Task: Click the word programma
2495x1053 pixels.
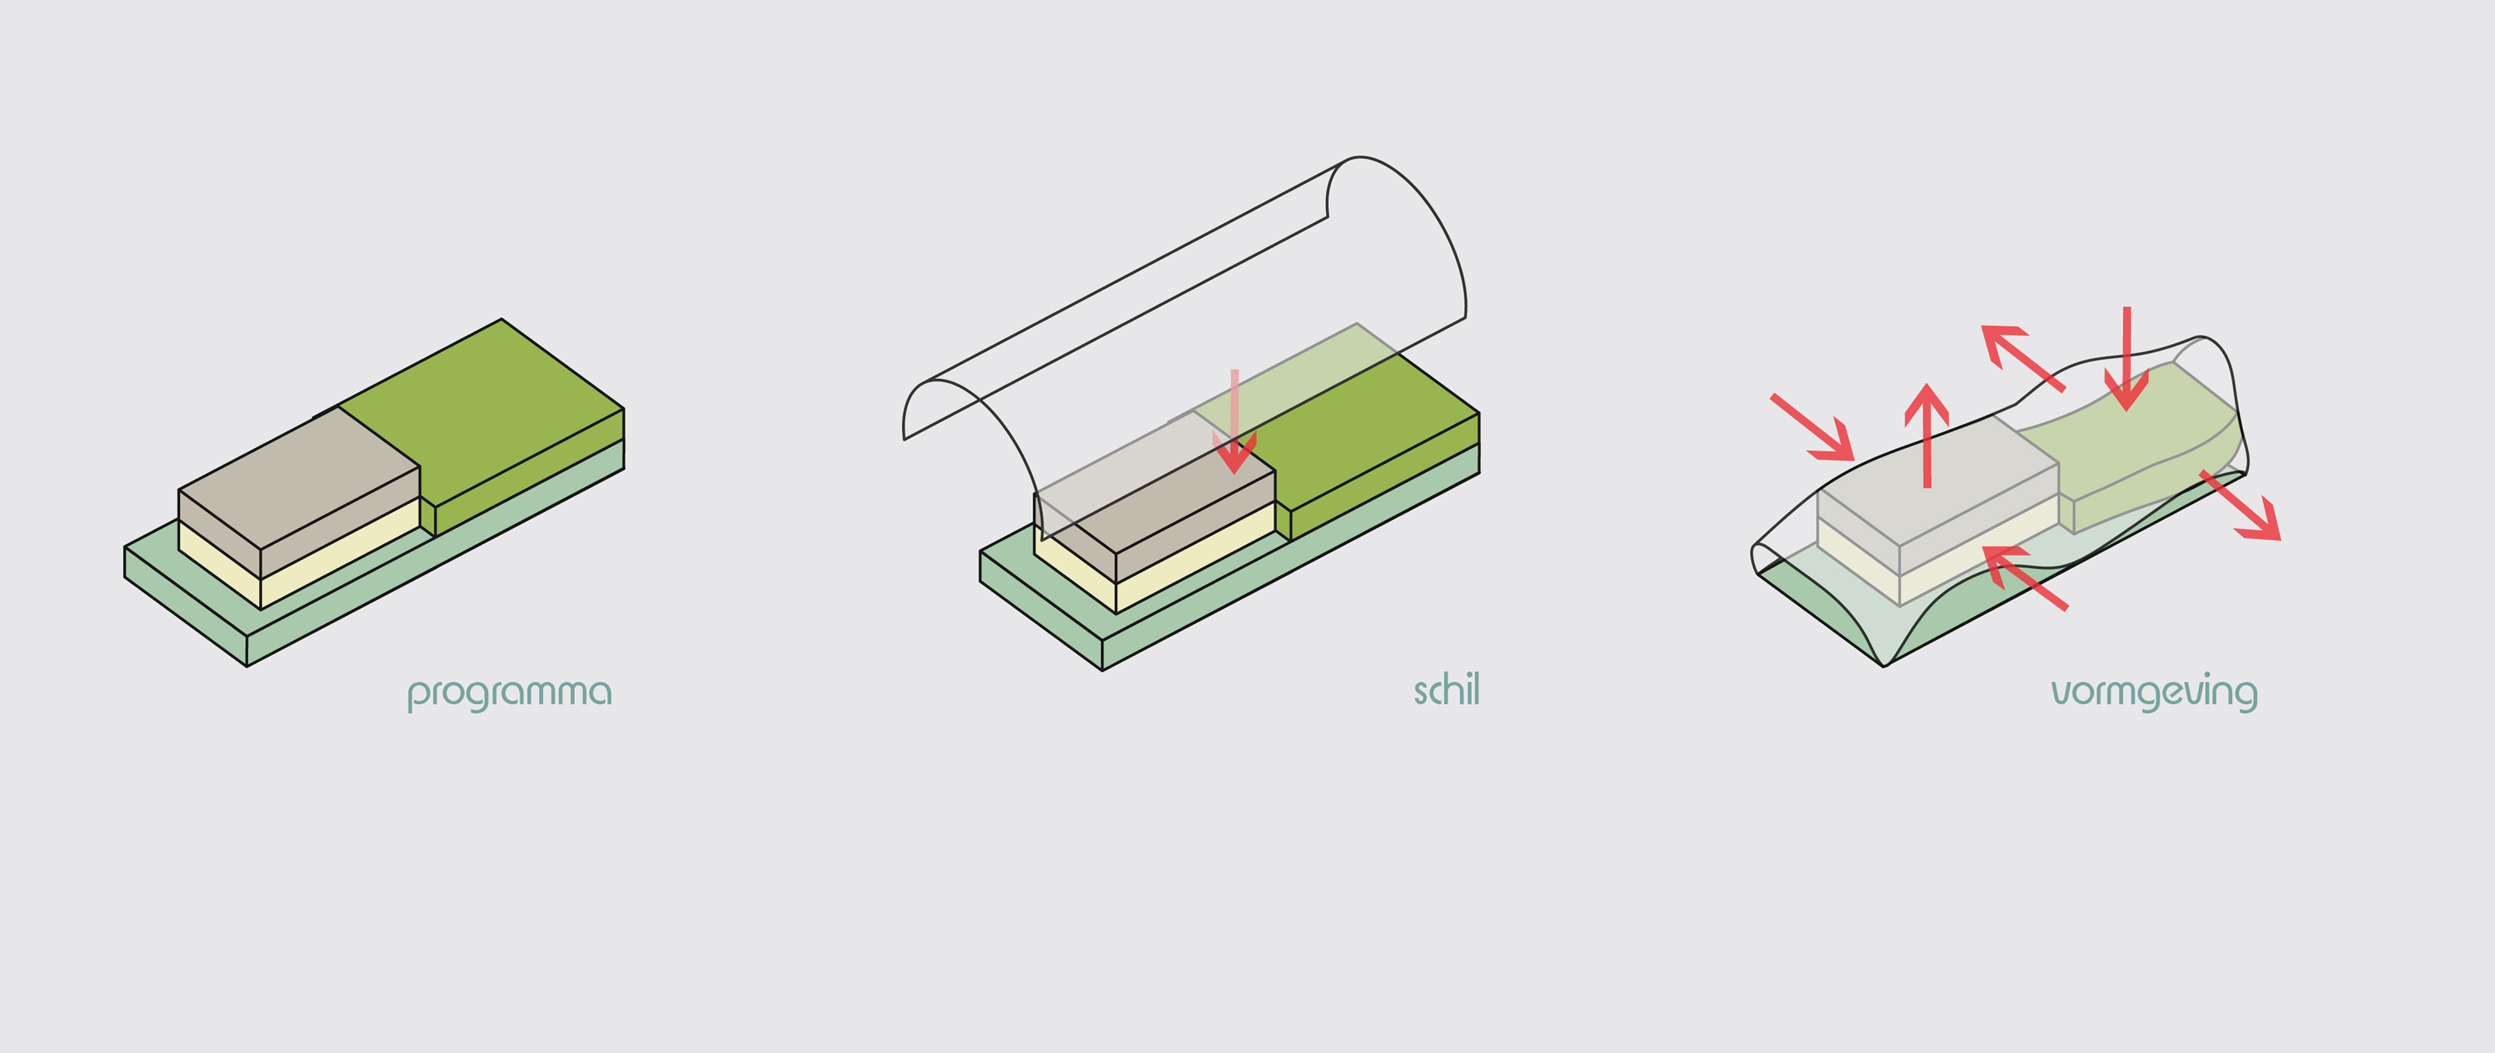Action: tap(509, 693)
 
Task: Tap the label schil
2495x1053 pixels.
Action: tap(1447, 690)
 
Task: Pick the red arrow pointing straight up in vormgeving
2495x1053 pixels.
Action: tap(1926, 436)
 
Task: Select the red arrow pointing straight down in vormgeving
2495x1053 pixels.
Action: tap(2127, 359)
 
